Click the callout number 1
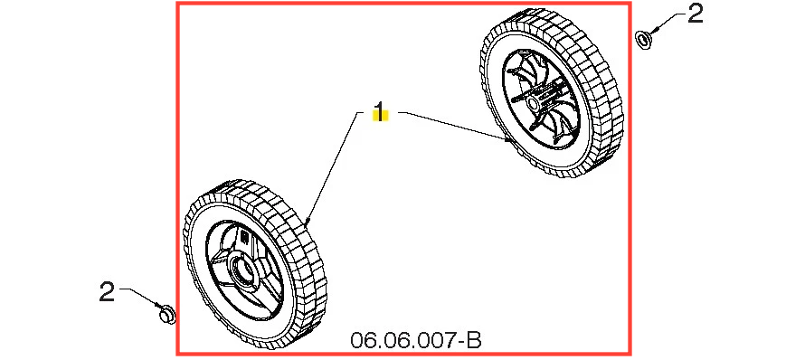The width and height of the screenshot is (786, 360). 381,111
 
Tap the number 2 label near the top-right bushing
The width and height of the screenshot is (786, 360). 696,14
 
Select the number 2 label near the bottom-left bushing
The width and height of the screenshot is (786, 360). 107,292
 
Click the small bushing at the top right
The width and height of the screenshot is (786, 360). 643,40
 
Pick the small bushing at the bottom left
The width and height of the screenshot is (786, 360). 167,316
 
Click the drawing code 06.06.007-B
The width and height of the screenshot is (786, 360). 416,340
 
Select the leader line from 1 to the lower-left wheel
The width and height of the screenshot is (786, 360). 332,167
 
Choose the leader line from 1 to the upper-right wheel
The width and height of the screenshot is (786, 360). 457,126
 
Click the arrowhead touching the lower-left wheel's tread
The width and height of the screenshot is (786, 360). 308,220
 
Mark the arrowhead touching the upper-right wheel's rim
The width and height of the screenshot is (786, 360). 509,140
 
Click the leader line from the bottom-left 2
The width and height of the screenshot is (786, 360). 139,298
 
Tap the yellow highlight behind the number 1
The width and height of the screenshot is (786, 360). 381,115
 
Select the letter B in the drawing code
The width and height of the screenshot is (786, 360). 474,340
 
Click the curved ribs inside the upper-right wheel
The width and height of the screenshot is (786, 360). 563,120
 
